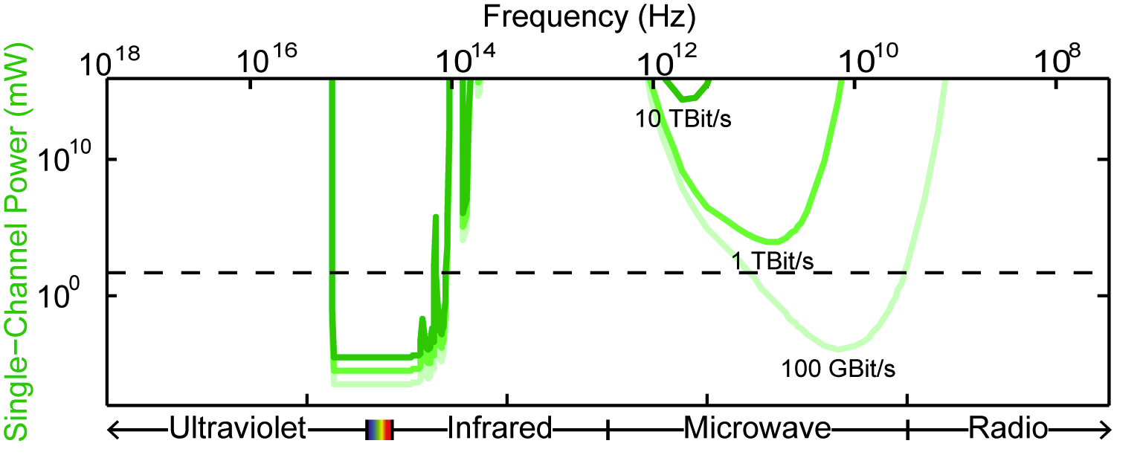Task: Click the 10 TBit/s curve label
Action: [683, 119]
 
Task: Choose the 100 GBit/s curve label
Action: [837, 367]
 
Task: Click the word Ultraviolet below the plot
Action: [238, 428]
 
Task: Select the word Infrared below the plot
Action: [499, 428]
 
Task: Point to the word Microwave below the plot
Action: [757, 428]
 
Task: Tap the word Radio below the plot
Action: [1007, 428]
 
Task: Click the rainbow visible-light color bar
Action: [379, 429]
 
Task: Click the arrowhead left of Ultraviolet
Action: [114, 428]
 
